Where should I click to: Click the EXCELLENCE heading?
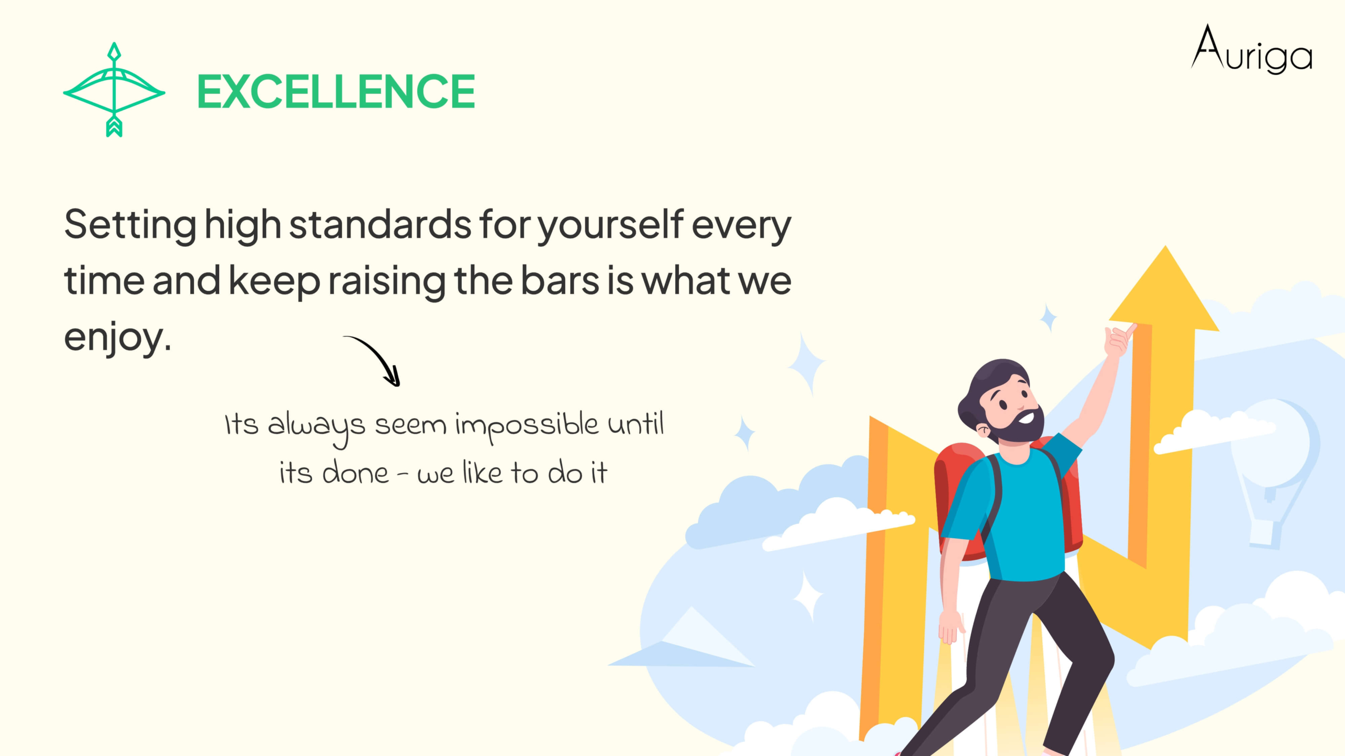pyautogui.click(x=336, y=91)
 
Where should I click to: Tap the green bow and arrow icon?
pyautogui.click(x=114, y=90)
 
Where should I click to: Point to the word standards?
pyautogui.click(x=380, y=224)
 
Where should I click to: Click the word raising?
pyautogui.click(x=387, y=281)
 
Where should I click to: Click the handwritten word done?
pyautogui.click(x=355, y=472)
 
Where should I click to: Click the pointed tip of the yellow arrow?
pyautogui.click(x=1166, y=246)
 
